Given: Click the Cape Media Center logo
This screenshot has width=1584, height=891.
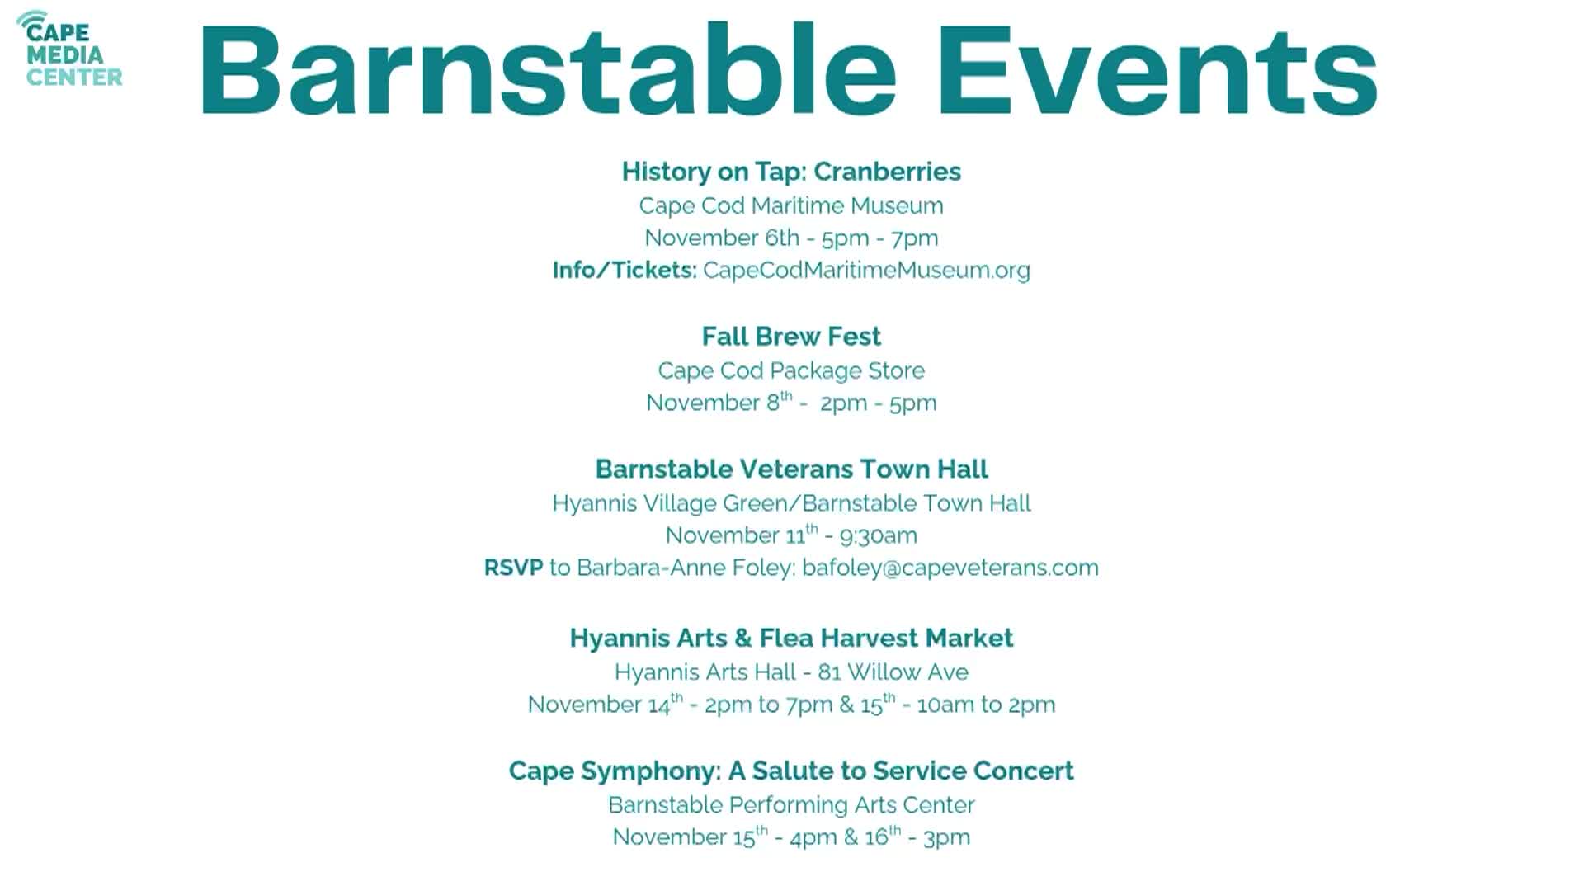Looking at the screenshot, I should tap(70, 49).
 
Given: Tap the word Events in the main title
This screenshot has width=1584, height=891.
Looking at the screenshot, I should tap(1157, 71).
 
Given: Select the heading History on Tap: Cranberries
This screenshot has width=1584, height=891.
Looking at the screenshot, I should tap(791, 172).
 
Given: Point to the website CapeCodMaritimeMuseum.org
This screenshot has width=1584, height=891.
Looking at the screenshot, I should tap(866, 271).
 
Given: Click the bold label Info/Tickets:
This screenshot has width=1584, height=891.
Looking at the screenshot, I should tap(625, 271).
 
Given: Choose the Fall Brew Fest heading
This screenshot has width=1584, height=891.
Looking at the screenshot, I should tap(791, 337).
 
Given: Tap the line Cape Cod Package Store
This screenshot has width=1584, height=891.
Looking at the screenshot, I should tap(791, 370).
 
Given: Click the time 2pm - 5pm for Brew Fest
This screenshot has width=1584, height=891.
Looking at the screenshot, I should tap(878, 403).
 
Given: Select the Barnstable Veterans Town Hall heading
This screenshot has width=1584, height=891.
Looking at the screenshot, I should tap(791, 469).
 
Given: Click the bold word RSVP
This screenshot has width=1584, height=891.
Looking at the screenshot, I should tap(513, 568).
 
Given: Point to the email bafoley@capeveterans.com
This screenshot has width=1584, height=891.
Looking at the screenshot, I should tap(950, 568).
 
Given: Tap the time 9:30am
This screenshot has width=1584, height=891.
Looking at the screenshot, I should tap(878, 536).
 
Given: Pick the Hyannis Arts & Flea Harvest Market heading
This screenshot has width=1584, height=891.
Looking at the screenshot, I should tap(791, 639).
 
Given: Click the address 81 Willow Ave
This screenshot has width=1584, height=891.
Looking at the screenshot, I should tap(893, 672).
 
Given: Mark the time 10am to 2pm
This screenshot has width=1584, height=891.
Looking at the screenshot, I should tap(986, 705).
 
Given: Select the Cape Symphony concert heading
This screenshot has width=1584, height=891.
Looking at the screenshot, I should tap(791, 771).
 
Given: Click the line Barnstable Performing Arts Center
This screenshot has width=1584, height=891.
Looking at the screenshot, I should tap(791, 805).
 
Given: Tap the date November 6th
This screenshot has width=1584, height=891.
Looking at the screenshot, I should tap(722, 238).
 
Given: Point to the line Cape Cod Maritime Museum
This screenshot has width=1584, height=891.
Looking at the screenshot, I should tap(791, 205).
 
